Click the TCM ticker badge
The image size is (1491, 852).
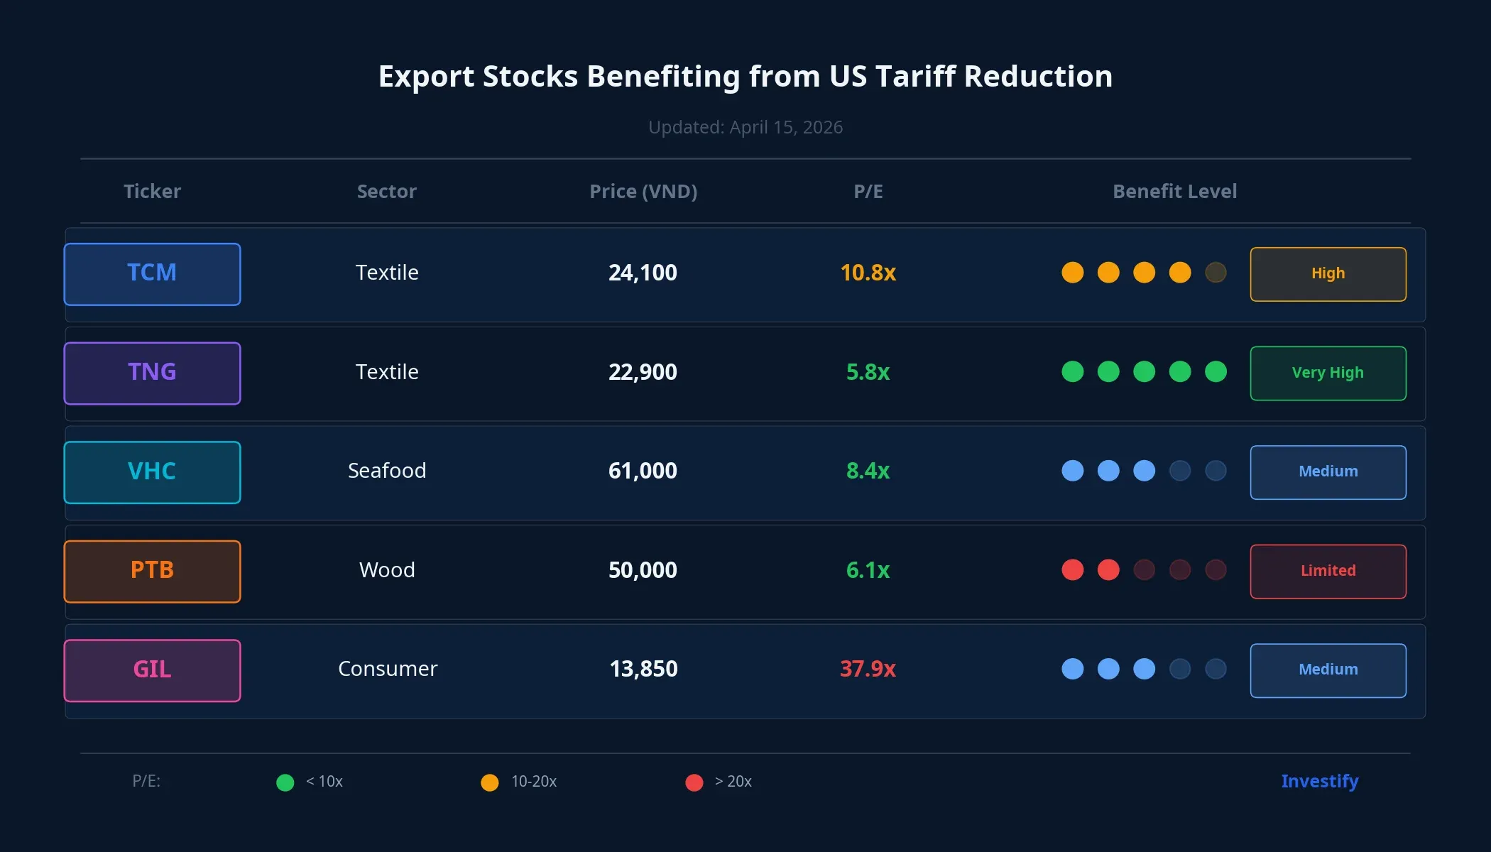click(152, 274)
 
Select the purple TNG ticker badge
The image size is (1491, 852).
click(152, 373)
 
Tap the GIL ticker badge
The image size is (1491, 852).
click(152, 670)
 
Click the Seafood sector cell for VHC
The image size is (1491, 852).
click(387, 471)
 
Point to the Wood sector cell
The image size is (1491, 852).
click(387, 570)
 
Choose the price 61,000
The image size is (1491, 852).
click(643, 471)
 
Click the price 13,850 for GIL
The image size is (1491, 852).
click(643, 669)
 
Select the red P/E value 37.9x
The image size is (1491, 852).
click(868, 669)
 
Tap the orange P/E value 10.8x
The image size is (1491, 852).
click(868, 273)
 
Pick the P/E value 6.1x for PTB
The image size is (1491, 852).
click(868, 570)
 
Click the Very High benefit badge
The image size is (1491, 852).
click(1328, 373)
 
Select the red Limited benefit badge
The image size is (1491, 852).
click(1328, 572)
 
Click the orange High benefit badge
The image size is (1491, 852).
click(1328, 274)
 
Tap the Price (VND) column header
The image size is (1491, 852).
click(643, 192)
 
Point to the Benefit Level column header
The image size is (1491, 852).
click(1174, 192)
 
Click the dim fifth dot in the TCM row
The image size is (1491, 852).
click(1216, 273)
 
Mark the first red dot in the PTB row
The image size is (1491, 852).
click(1072, 570)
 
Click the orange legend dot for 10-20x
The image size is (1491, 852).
click(490, 782)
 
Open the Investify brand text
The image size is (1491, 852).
click(1319, 781)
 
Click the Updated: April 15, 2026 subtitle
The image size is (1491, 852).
click(745, 127)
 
